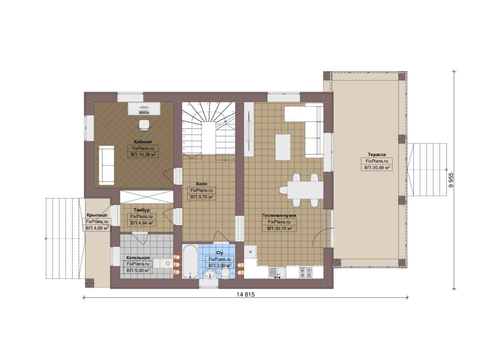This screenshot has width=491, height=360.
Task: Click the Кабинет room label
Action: pos(143,142)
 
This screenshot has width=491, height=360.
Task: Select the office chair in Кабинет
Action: pos(145,125)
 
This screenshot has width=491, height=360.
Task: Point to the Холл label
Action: pos(201,184)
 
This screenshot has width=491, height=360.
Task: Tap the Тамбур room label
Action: pos(142,210)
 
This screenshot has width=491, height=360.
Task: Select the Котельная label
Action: pos(138,258)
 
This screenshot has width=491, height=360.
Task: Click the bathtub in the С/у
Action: pos(190,261)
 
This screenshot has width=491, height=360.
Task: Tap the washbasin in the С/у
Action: pos(210,274)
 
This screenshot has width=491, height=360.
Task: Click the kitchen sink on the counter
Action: pos(277,273)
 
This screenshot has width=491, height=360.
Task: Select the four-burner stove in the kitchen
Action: pos(305,272)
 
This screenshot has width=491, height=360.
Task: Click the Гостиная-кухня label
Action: pos(279,215)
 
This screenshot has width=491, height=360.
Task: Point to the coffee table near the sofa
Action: pos(283,147)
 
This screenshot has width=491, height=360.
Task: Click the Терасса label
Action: pos(377,154)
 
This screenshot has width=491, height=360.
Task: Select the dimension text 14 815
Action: pos(245,294)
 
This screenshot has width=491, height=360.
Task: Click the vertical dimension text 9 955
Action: pos(451,180)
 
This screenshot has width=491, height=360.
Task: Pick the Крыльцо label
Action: pos(97,215)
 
